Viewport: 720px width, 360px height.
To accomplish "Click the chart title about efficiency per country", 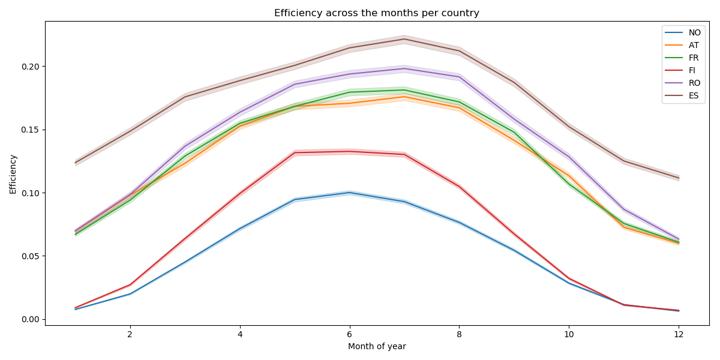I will click(376, 13).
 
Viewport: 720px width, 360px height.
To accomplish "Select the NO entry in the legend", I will click(694, 32).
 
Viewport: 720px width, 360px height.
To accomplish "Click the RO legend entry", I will click(694, 83).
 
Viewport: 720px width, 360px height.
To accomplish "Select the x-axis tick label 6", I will click(349, 334).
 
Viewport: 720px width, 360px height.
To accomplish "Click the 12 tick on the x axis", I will click(678, 334).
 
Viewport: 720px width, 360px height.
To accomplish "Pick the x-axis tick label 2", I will click(130, 334).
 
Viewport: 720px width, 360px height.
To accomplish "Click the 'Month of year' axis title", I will click(376, 346).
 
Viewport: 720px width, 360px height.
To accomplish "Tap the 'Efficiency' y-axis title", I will click(13, 174).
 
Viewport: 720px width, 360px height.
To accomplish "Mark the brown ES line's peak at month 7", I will click(404, 39).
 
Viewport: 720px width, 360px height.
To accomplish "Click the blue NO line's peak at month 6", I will click(349, 193).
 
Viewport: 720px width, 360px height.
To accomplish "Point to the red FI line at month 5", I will click(295, 152).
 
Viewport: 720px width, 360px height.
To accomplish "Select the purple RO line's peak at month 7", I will click(404, 68).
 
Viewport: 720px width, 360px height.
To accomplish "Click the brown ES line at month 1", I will click(75, 163).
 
